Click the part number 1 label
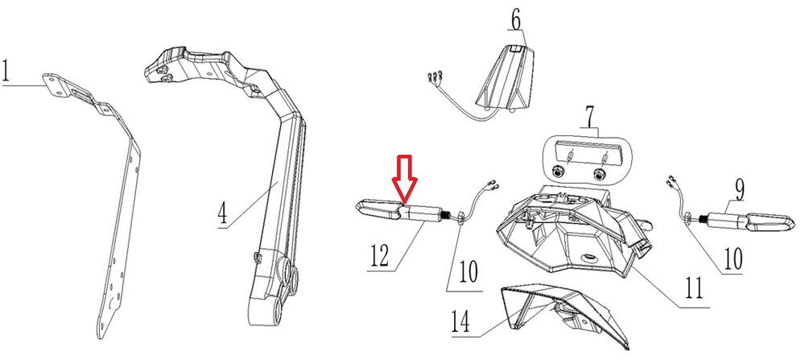[x=7, y=73]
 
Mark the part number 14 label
[x=459, y=323]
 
